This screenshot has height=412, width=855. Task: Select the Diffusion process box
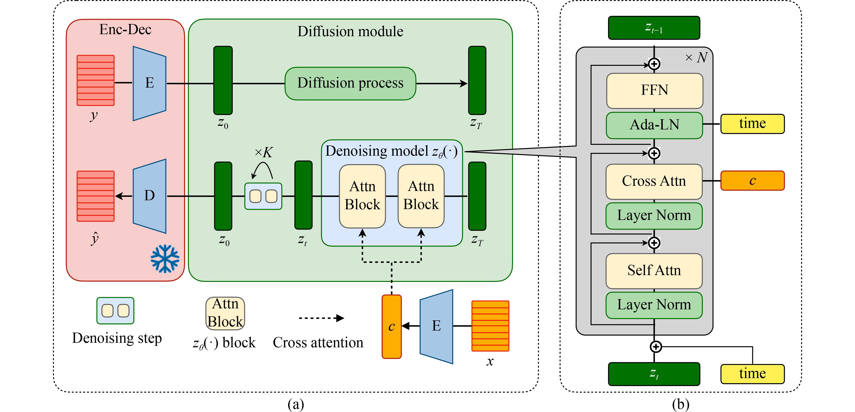tap(350, 83)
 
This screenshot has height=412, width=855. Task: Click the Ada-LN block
tap(654, 125)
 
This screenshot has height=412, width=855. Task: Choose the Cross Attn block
tap(654, 181)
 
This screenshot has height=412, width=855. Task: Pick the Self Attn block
tap(654, 271)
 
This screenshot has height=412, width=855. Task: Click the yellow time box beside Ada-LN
tap(752, 124)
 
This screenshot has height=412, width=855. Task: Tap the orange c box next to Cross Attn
tap(752, 181)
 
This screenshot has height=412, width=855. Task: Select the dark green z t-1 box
tap(654, 28)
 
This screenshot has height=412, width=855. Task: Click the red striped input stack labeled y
tap(96, 80)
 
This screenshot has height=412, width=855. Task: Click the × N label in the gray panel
tap(696, 58)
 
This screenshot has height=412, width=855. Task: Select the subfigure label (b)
tap(680, 404)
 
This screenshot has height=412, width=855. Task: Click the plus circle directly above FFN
tap(654, 64)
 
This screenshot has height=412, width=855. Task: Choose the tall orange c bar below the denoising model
tap(392, 327)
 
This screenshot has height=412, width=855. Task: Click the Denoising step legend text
tap(117, 338)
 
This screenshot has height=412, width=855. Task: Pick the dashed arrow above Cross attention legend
tap(321, 318)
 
